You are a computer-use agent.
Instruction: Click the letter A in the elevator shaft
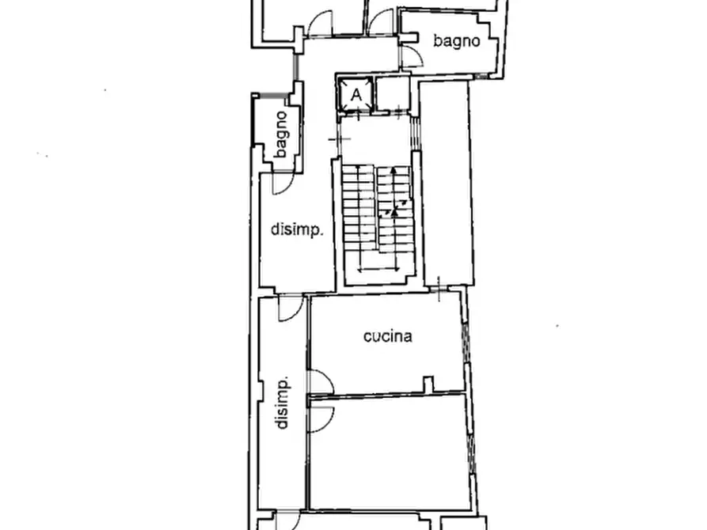point(356,95)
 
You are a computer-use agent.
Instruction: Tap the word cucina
point(388,336)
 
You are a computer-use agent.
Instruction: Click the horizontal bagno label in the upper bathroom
point(456,41)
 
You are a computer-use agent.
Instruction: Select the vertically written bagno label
point(280,134)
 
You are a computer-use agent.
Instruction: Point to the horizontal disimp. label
point(297,229)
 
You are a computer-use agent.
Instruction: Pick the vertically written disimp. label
point(283,403)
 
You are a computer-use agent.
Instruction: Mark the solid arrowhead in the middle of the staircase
point(394,210)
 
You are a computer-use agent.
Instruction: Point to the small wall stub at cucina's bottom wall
point(428,384)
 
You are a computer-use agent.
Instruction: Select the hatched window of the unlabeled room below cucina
point(472,453)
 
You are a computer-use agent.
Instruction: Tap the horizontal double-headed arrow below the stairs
point(378,270)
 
